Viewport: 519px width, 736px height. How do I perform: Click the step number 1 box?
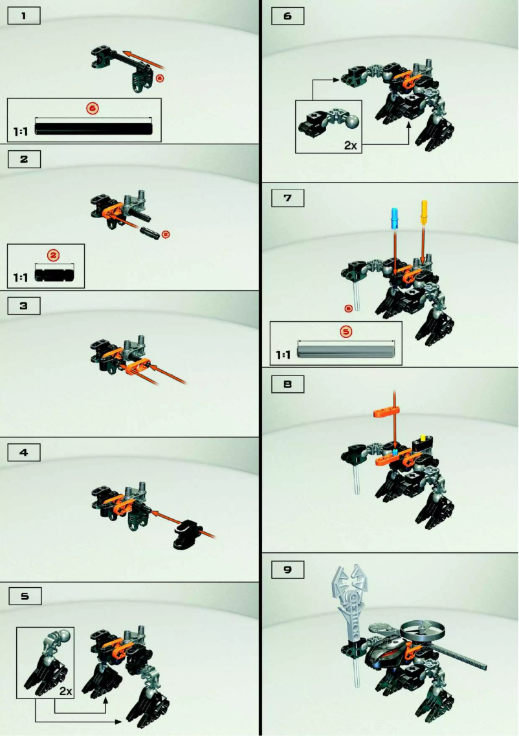24,16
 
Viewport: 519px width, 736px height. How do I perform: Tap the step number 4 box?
24,452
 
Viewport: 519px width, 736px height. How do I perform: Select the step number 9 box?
288,570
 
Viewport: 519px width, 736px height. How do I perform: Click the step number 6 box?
288,16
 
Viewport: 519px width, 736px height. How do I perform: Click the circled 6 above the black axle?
92,108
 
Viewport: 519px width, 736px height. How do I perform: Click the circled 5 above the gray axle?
346,331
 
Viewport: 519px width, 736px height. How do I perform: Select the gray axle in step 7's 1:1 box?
346,351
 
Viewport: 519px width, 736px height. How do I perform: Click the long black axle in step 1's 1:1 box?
94,128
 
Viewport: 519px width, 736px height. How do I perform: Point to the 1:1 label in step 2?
21,277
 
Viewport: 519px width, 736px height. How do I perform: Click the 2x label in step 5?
65,691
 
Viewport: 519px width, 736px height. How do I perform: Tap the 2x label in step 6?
350,146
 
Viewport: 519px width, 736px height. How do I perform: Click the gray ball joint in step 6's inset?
352,122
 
